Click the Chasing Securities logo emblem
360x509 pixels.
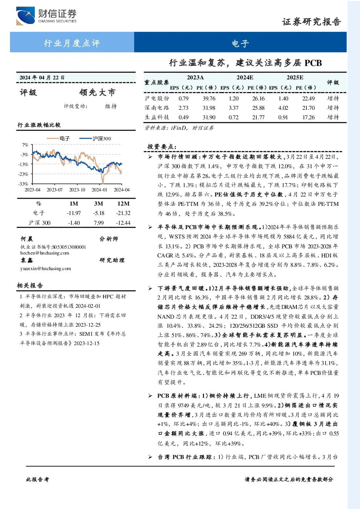tap(25, 16)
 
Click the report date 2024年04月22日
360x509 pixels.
tap(42, 78)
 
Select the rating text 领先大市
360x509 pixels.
tap(97, 92)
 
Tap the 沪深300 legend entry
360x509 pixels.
tap(95, 138)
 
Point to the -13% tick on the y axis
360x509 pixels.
tap(24, 164)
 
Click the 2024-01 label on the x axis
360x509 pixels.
tap(99, 190)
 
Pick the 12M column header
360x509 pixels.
tap(123, 204)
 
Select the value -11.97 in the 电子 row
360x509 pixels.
tap(74, 213)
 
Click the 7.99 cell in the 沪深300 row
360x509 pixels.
tap(99, 223)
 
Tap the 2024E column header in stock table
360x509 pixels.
tap(245, 78)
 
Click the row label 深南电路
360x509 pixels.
tap(157, 108)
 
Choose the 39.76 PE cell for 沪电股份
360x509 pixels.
tap(209, 98)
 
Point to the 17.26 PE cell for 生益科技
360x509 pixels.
tap(309, 117)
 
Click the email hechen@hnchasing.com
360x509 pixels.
tap(45, 253)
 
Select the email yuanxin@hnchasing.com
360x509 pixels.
tap(45, 269)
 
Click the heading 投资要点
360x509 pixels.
tap(162, 147)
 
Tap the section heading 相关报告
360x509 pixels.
tap(30, 286)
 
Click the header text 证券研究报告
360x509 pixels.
tap(311, 22)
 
